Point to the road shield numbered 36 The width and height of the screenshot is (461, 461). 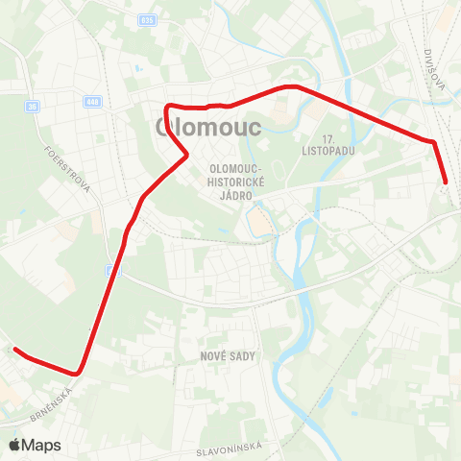tap(32, 107)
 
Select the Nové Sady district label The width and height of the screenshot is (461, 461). tap(226, 354)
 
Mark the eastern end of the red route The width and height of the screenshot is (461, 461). tap(447, 181)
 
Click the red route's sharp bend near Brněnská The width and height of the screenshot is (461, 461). tap(78, 372)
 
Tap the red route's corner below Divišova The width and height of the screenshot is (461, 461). tap(434, 142)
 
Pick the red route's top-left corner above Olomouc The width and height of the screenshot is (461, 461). tap(169, 107)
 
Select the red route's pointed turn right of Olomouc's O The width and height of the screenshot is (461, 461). tap(185, 154)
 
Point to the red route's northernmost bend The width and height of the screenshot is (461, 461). tap(290, 86)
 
